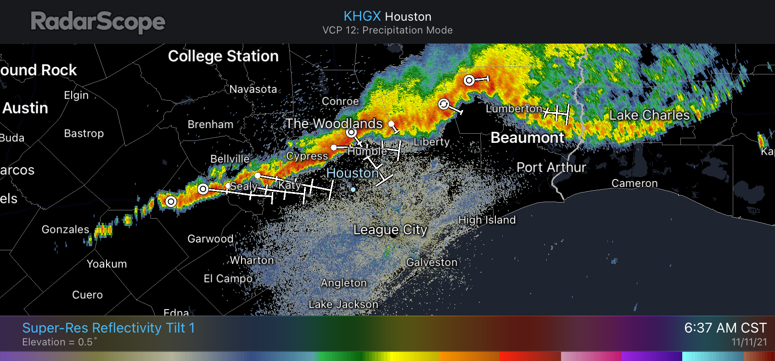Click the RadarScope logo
pyautogui.click(x=98, y=22)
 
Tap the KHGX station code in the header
pyautogui.click(x=362, y=16)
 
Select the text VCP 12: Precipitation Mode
pyautogui.click(x=387, y=30)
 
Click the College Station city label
pyautogui.click(x=223, y=56)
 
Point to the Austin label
pyautogui.click(x=25, y=108)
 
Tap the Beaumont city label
pyautogui.click(x=527, y=137)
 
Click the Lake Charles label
pyautogui.click(x=649, y=115)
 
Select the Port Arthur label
pyautogui.click(x=551, y=167)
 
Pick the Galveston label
pyautogui.click(x=432, y=262)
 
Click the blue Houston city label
pyautogui.click(x=352, y=173)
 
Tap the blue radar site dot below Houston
pyautogui.click(x=353, y=189)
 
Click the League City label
pyautogui.click(x=390, y=230)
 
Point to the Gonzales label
pyautogui.click(x=65, y=229)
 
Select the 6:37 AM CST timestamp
pyautogui.click(x=725, y=328)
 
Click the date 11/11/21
pyautogui.click(x=749, y=342)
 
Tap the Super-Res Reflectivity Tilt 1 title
pyautogui.click(x=108, y=328)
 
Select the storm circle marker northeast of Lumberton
pyautogui.click(x=469, y=80)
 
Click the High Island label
pyautogui.click(x=487, y=220)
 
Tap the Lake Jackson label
pyautogui.click(x=343, y=305)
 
